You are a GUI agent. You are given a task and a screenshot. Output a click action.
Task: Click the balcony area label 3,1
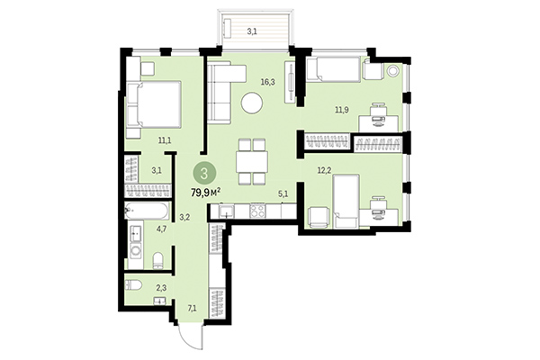click(x=252, y=31)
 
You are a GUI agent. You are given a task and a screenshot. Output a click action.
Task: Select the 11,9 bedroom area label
click(x=341, y=111)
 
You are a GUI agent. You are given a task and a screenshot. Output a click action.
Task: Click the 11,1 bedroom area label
click(x=164, y=139)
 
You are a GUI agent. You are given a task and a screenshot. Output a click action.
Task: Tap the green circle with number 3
click(x=206, y=172)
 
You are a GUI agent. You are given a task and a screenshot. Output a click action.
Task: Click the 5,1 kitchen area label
click(x=283, y=193)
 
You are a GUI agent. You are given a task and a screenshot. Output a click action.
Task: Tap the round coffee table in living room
click(x=251, y=105)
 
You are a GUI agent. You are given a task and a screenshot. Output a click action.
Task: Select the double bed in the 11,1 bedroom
click(x=156, y=105)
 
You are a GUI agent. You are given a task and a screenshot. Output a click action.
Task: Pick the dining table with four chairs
click(x=251, y=160)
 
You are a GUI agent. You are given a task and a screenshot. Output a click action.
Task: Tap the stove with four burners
click(x=256, y=212)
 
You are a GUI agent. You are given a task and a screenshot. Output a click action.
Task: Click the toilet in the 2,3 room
click(x=135, y=286)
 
